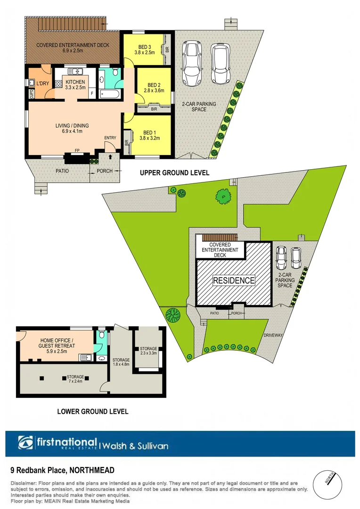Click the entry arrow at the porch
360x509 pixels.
point(110,156)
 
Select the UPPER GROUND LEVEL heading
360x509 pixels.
point(174,173)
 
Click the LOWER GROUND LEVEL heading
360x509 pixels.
point(92,411)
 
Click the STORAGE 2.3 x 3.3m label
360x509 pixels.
point(148,351)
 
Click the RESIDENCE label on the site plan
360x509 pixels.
point(234,280)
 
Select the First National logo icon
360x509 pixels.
point(26,443)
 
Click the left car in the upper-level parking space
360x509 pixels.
point(191,64)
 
